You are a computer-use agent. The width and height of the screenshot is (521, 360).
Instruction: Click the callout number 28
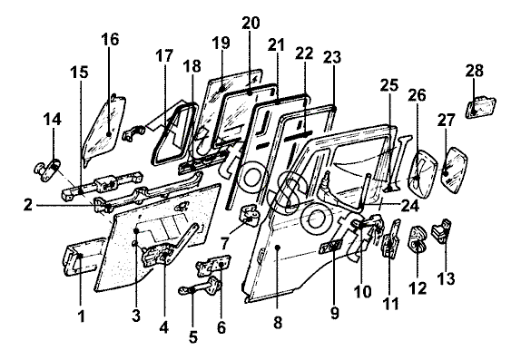[x=474, y=71]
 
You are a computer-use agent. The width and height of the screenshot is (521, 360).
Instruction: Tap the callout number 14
[x=53, y=120]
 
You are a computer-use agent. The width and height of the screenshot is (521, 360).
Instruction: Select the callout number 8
[x=278, y=322]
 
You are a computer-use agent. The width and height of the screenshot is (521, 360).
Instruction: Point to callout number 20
[x=251, y=23]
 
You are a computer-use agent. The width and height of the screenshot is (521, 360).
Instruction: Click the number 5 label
[x=193, y=337]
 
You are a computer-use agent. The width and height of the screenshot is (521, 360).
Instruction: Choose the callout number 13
[x=446, y=278]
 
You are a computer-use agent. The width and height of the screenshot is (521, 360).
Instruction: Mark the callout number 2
[x=28, y=205]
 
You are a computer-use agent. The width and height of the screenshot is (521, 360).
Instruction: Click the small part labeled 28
[x=480, y=107]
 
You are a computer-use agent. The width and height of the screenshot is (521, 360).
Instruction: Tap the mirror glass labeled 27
[x=455, y=170]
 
